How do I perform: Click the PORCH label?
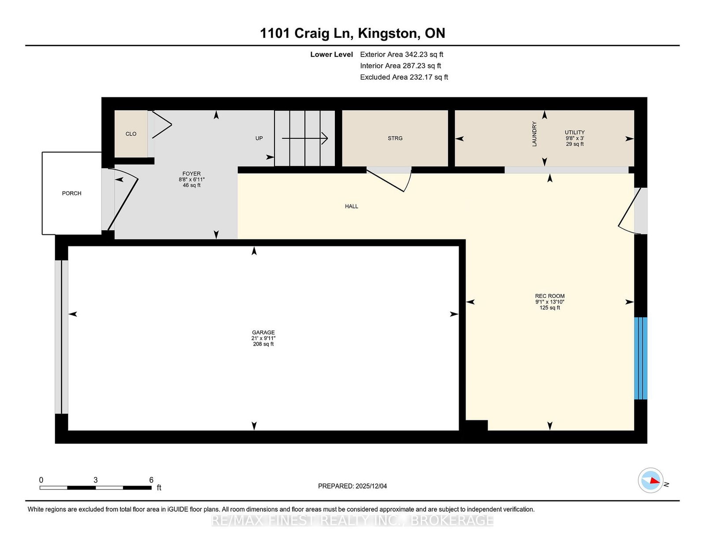(72, 193)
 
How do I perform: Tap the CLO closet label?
(131, 134)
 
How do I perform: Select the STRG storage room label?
(395, 138)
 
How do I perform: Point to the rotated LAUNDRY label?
(534, 134)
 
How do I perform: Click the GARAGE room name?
(263, 333)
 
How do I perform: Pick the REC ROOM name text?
(550, 296)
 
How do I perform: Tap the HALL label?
(352, 206)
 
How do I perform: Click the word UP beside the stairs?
(259, 138)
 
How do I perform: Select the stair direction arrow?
(305, 138)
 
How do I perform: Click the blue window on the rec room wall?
(641, 358)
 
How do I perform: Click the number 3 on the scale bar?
(96, 480)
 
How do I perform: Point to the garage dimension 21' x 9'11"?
(263, 338)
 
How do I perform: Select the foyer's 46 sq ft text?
(192, 185)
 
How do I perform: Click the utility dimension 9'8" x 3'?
(575, 138)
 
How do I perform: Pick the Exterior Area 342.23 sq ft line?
(402, 55)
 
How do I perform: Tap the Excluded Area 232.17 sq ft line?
(404, 77)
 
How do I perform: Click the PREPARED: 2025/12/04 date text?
(352, 486)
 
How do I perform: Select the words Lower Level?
(332, 55)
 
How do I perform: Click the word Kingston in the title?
(387, 33)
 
